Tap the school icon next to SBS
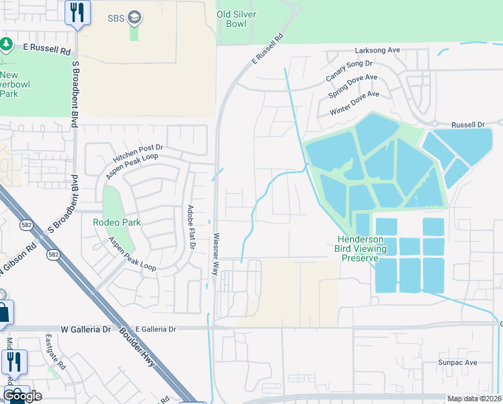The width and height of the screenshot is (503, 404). click(134, 17)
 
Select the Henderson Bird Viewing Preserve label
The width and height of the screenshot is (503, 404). click(361, 248)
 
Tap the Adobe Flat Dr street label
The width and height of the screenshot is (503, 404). click(191, 226)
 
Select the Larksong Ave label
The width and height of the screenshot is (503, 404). click(377, 50)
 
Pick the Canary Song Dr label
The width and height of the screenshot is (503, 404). click(349, 71)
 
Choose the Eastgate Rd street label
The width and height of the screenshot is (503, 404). click(55, 351)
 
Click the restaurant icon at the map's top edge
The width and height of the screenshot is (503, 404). click(77, 12)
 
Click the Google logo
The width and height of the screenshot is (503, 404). click(22, 395)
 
